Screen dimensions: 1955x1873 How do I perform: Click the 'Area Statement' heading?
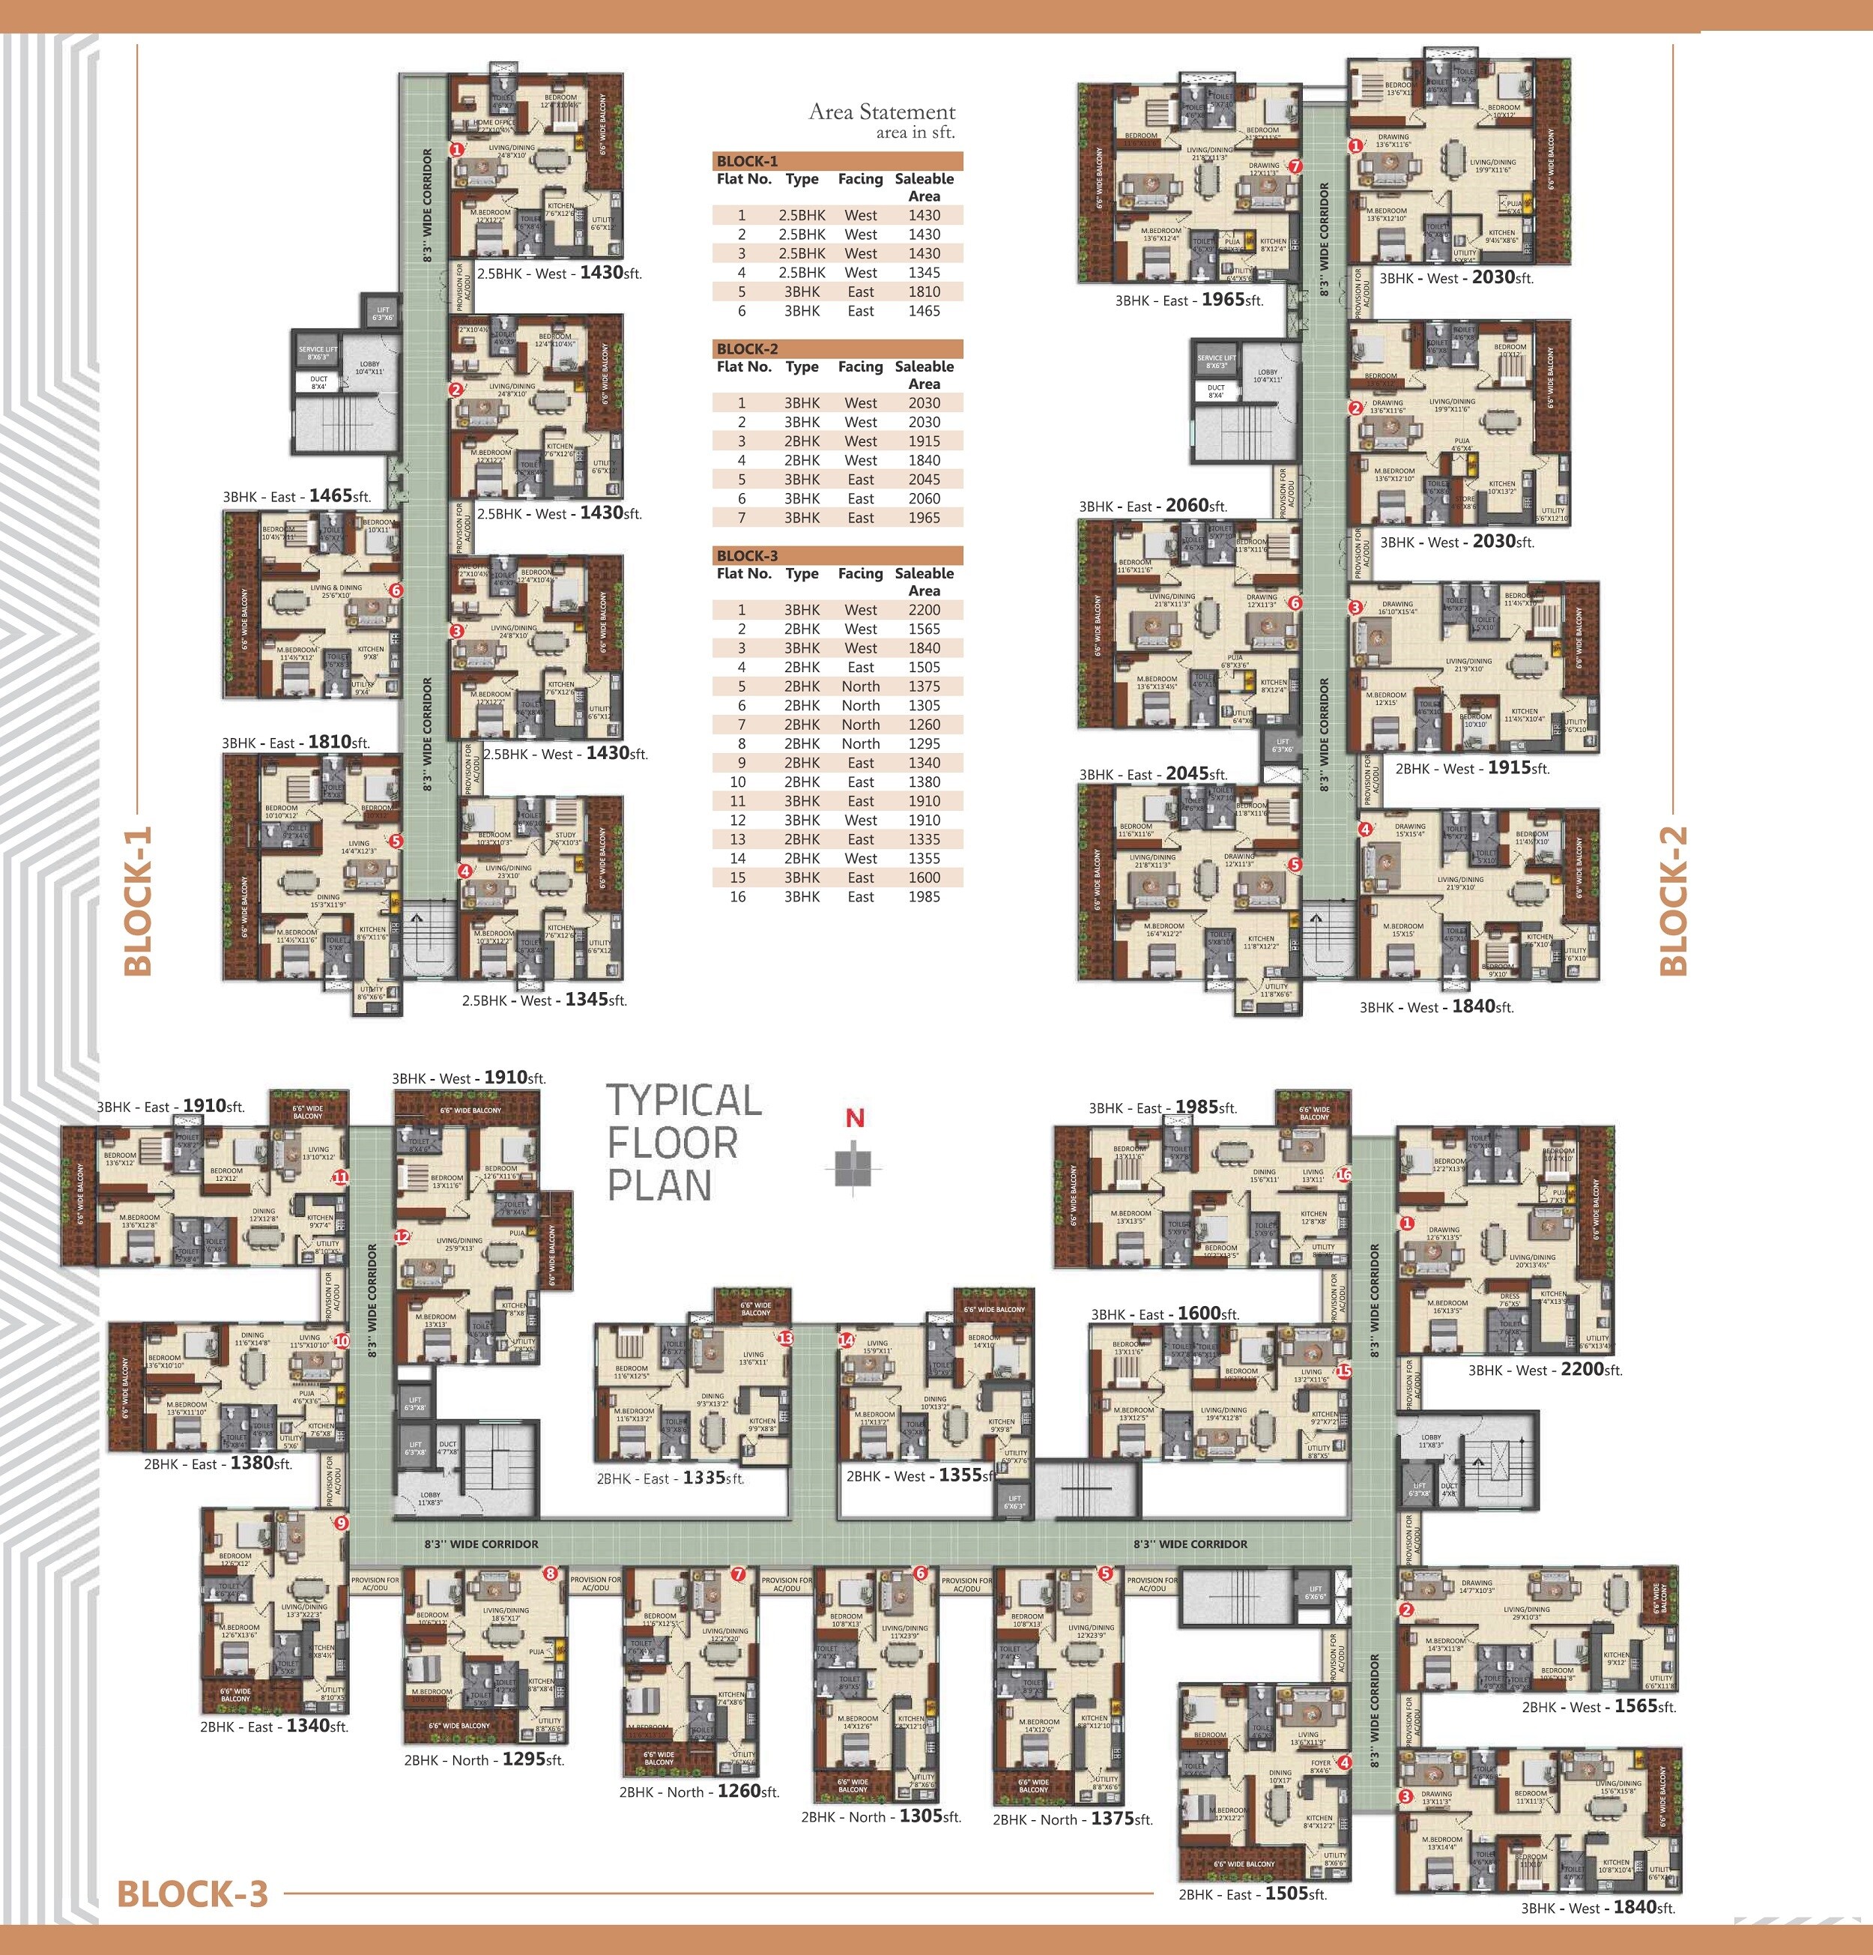click(882, 112)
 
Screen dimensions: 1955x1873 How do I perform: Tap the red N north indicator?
click(855, 1118)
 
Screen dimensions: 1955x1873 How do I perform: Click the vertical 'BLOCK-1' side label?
click(138, 900)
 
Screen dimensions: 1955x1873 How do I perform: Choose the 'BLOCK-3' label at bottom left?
click(193, 1893)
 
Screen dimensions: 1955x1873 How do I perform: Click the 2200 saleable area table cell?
click(924, 609)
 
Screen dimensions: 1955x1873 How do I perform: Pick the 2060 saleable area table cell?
click(924, 499)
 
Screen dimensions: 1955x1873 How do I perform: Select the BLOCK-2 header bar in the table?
click(838, 349)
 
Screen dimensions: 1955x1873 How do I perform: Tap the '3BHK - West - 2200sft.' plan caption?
click(1545, 1370)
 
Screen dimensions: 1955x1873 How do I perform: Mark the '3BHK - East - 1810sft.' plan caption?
click(296, 742)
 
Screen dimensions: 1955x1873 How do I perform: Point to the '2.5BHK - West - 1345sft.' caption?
click(544, 1000)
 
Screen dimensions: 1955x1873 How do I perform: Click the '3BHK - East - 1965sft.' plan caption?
click(1189, 299)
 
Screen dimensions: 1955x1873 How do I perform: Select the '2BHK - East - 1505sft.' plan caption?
click(1253, 1893)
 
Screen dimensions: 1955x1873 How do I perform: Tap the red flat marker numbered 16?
click(1343, 1175)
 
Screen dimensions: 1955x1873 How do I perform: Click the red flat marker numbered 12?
click(402, 1236)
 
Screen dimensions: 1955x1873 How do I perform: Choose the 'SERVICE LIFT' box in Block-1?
click(317, 353)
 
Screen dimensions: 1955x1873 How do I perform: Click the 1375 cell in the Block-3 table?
click(924, 686)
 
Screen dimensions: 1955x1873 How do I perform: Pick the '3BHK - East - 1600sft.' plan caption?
click(1165, 1314)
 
